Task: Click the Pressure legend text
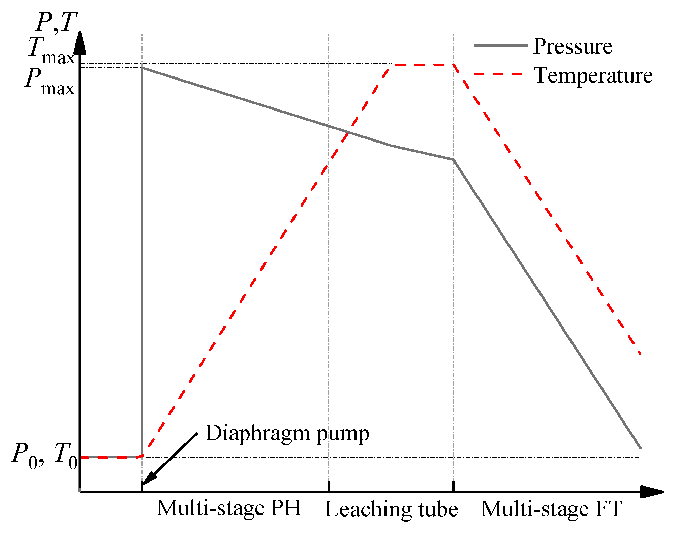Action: coord(573,46)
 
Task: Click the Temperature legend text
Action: coord(593,75)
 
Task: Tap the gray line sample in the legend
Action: coord(501,45)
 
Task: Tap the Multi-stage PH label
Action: coord(228,508)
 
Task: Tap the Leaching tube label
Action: coord(391,509)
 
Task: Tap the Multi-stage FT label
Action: coord(551,509)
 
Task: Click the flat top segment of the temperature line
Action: coord(421,65)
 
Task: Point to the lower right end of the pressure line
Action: coord(640,448)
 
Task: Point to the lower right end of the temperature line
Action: coord(640,354)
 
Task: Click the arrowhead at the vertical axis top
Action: coord(80,42)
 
